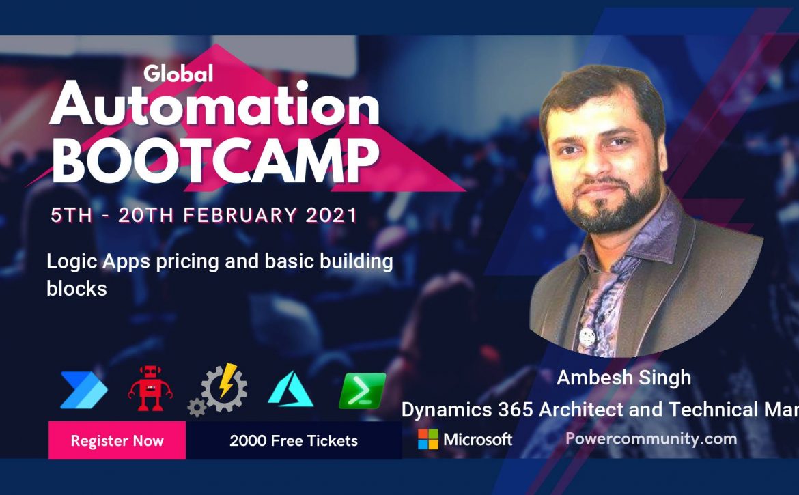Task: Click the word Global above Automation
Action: pyautogui.click(x=178, y=74)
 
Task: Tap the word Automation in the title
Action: pyautogui.click(x=214, y=105)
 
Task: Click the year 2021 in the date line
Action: pyautogui.click(x=331, y=216)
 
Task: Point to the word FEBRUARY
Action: pyautogui.click(x=240, y=216)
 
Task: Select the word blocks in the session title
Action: pyautogui.click(x=77, y=289)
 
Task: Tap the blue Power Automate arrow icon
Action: pyautogui.click(x=83, y=390)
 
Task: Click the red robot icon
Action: pyautogui.click(x=150, y=388)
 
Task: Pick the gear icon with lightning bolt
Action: pyautogui.click(x=218, y=390)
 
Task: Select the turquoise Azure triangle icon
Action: pyautogui.click(x=290, y=389)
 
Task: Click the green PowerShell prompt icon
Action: pyautogui.click(x=363, y=391)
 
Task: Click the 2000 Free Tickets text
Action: pyautogui.click(x=294, y=440)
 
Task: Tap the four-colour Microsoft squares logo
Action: pyautogui.click(x=428, y=439)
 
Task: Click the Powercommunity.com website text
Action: pyautogui.click(x=651, y=439)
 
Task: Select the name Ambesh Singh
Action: pyautogui.click(x=623, y=378)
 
